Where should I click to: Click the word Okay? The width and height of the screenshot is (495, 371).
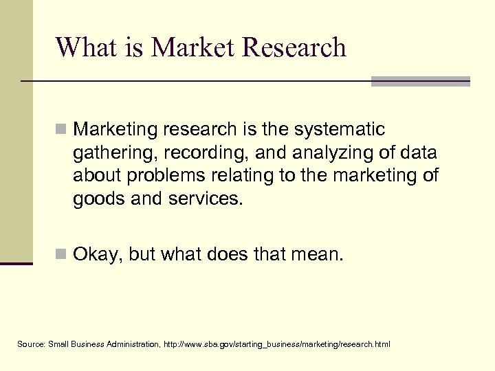tap(97, 256)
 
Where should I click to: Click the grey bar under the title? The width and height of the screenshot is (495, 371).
tap(420, 81)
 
